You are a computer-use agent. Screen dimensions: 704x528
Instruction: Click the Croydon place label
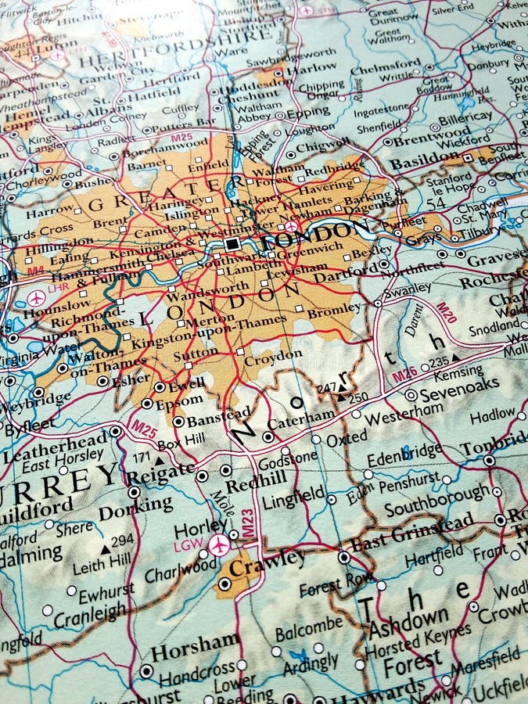click(273, 357)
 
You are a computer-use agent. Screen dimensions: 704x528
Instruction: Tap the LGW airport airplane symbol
click(220, 544)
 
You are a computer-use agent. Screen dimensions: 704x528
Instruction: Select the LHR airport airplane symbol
click(36, 298)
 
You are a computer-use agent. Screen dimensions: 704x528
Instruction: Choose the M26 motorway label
click(404, 374)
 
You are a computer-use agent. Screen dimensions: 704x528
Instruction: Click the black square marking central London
click(232, 244)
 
